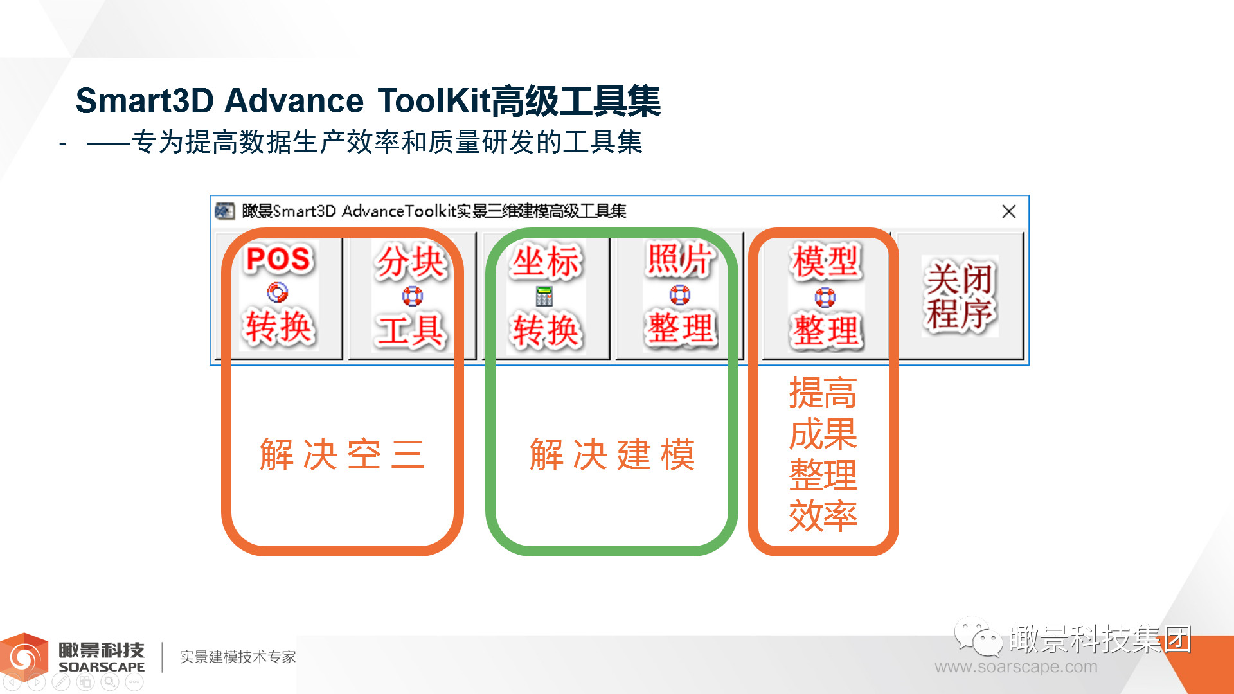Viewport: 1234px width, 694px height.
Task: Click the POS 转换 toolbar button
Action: [278, 296]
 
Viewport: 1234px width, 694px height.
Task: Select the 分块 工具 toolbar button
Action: [411, 296]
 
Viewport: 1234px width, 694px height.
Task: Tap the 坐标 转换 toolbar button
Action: [546, 296]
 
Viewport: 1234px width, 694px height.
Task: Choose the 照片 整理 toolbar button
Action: [680, 296]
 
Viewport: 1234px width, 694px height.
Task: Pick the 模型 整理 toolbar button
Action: [825, 296]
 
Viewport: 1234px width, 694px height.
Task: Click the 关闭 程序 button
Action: [960, 296]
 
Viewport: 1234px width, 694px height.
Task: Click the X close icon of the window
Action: [1009, 211]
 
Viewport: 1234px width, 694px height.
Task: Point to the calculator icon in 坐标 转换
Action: [544, 296]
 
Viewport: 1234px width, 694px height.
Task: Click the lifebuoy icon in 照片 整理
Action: [680, 295]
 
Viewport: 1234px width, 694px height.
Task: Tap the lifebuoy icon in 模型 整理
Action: [825, 298]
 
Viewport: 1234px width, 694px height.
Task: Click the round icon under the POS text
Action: [278, 293]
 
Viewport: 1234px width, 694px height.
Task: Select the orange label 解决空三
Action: [342, 454]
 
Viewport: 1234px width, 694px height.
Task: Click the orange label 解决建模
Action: [612, 454]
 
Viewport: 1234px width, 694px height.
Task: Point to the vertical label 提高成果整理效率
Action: [823, 454]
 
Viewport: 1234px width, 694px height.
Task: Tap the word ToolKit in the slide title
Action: [434, 101]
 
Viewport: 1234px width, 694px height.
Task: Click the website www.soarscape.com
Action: [1016, 667]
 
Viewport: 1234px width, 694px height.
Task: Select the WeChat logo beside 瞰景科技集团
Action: [978, 637]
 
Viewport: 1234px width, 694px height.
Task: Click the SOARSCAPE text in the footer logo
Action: [102, 667]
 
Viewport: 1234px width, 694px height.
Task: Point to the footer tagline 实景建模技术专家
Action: [238, 657]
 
